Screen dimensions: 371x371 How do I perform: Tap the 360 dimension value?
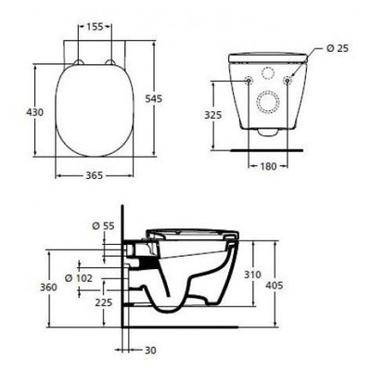pyautogui.click(x=25, y=287)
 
